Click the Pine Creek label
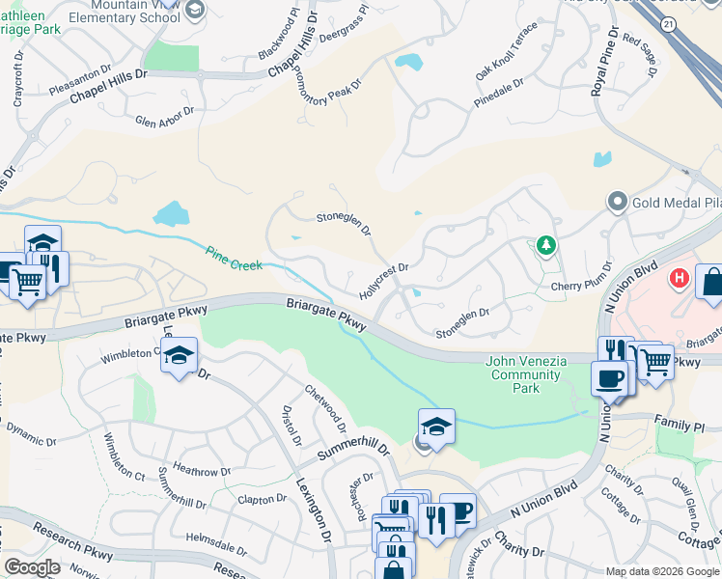(233, 259)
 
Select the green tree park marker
(545, 246)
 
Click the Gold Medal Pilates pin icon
(617, 203)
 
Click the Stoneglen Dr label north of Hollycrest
(345, 224)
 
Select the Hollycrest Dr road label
(385, 280)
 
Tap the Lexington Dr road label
(313, 508)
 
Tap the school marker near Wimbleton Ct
(180, 356)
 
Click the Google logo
(33, 567)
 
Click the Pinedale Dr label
(499, 93)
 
